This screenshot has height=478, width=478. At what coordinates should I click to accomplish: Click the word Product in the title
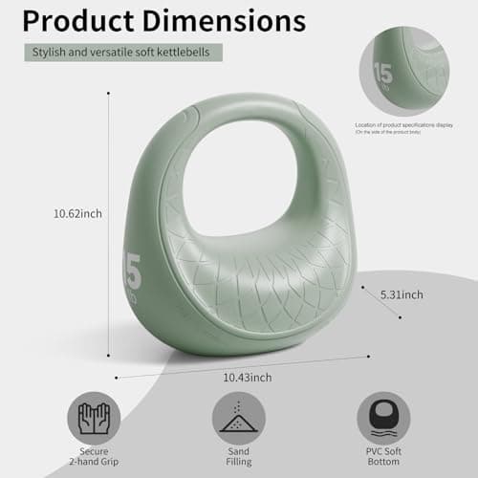(88, 21)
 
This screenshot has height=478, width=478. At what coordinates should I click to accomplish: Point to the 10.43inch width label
(247, 378)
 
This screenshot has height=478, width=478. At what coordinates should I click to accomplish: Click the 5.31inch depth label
(400, 294)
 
